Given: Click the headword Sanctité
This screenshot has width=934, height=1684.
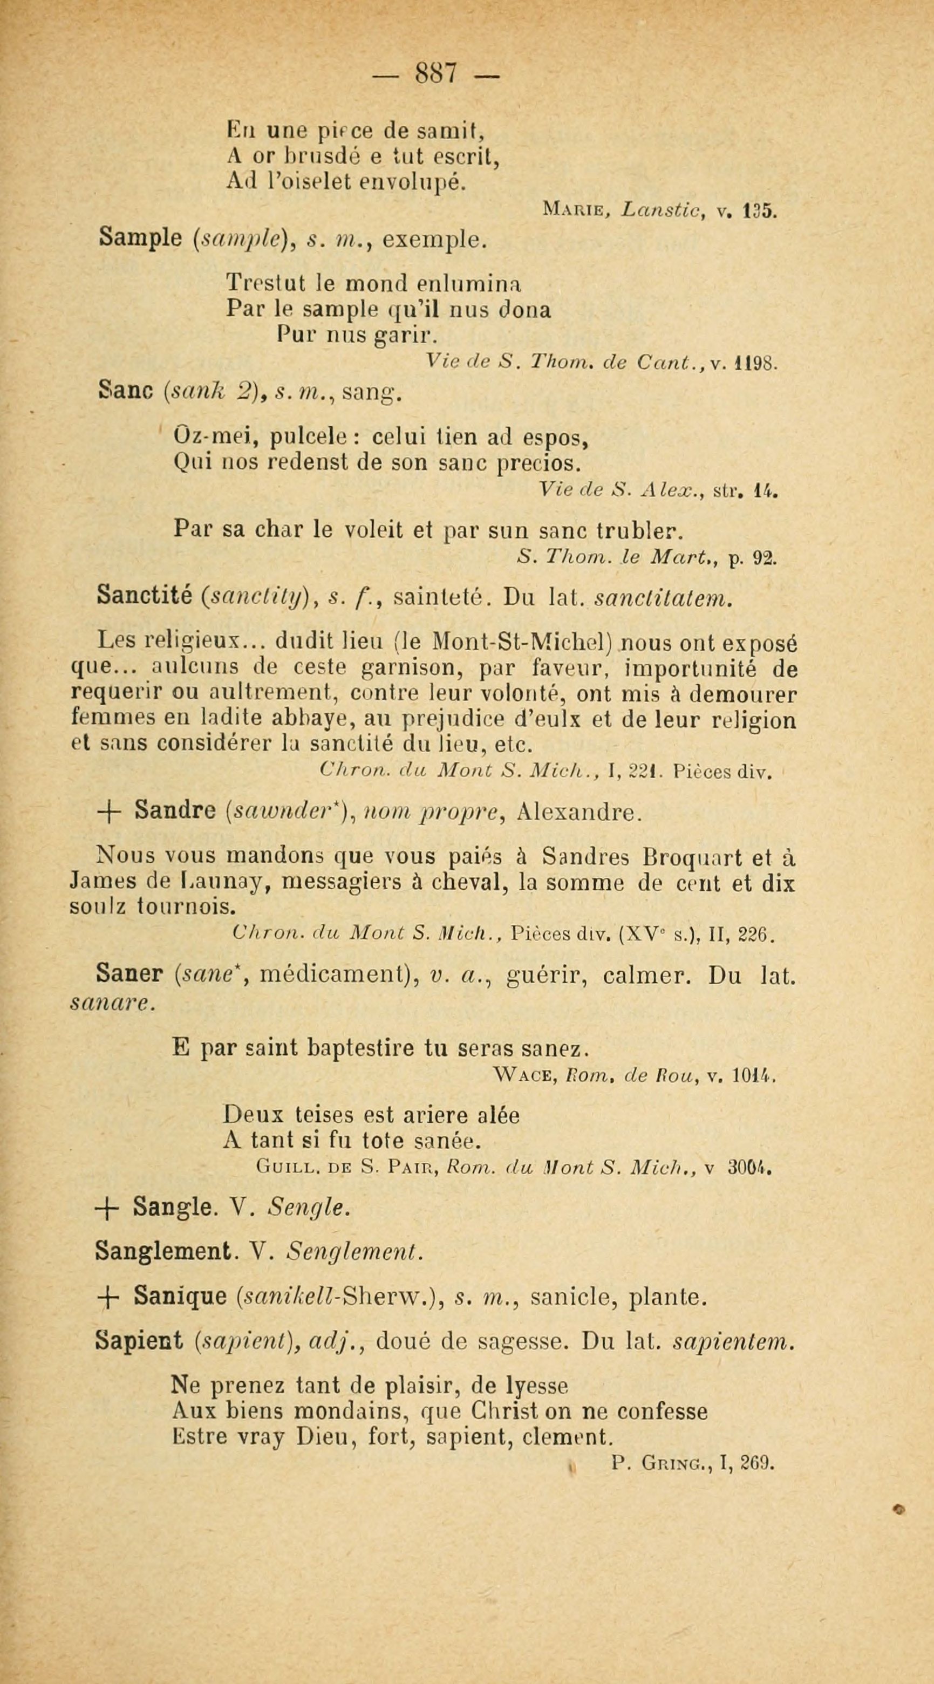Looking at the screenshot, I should click(142, 595).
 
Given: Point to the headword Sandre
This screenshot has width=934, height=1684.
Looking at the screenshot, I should click(175, 812).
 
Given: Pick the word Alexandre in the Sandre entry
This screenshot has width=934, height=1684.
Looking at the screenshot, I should click(575, 812).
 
